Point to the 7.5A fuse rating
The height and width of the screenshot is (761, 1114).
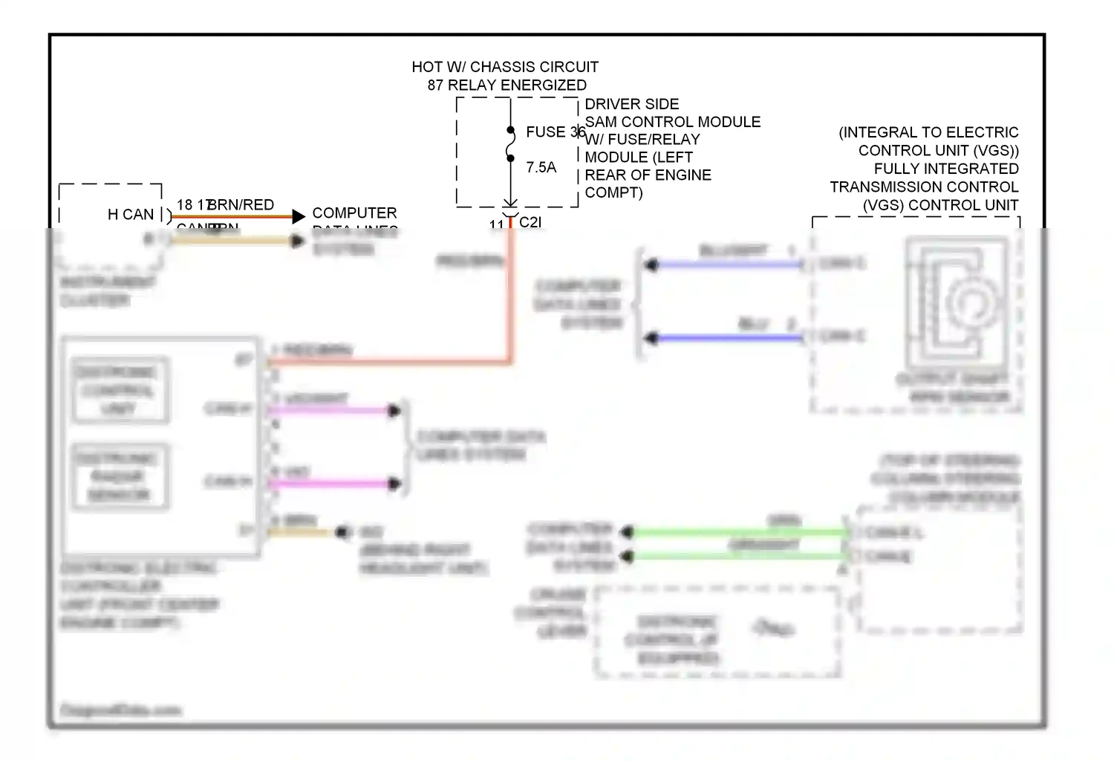click(x=541, y=167)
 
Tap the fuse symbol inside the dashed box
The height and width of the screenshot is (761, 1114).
click(x=510, y=143)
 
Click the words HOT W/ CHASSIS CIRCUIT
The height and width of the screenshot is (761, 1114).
click(x=505, y=67)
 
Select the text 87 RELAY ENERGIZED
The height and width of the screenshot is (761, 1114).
click(x=506, y=85)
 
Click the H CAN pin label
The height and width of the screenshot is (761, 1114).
click(x=131, y=214)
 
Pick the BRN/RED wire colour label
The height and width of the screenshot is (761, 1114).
click(x=241, y=204)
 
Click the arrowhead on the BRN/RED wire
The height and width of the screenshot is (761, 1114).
click(x=299, y=216)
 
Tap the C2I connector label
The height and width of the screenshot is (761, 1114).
click(x=530, y=221)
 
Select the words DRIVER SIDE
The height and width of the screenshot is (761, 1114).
click(x=632, y=104)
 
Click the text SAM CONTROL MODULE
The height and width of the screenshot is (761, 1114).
click(x=673, y=122)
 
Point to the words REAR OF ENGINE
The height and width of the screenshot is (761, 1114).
click(x=648, y=175)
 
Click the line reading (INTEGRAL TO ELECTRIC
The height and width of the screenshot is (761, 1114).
click(x=928, y=132)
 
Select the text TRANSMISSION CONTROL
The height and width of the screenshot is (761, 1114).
click(x=924, y=187)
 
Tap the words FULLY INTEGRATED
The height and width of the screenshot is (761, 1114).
click(x=946, y=169)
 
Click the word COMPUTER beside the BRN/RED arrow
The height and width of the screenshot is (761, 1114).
click(x=354, y=213)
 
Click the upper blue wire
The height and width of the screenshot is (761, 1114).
click(x=728, y=265)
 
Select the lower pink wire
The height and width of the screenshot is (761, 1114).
click(x=334, y=484)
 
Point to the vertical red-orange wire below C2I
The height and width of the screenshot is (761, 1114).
click(x=511, y=297)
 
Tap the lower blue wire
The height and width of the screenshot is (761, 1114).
click(x=728, y=338)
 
